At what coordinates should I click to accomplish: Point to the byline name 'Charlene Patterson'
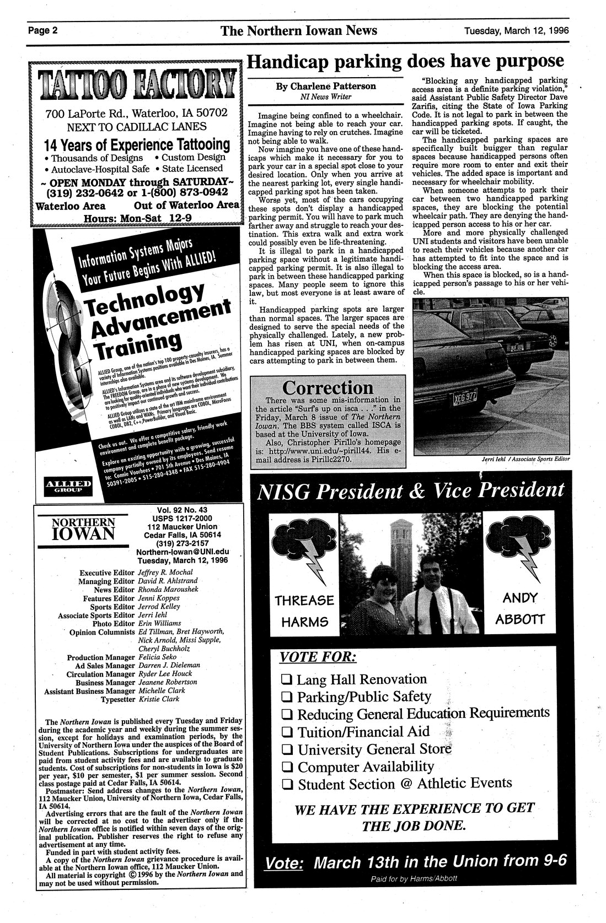tap(326, 86)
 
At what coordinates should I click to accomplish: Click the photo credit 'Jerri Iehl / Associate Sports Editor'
tap(522, 459)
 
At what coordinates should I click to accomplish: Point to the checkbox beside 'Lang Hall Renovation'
tap(286, 679)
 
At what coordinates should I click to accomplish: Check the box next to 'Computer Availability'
tap(286, 768)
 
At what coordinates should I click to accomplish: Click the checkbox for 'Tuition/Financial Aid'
tap(286, 732)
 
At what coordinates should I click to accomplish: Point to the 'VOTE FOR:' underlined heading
tap(318, 657)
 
